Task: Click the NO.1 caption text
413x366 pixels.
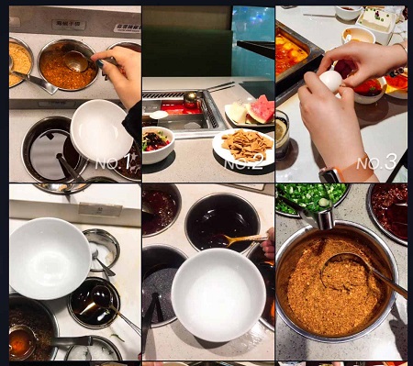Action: coord(113,162)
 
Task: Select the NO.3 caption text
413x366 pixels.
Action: coord(376,162)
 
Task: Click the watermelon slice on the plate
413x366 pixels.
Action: coord(261,108)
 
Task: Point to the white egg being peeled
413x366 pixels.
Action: coord(330,81)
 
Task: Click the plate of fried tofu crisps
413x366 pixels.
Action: coord(243,147)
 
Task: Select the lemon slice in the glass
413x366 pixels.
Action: coord(281,131)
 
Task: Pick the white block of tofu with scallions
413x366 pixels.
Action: coord(375,19)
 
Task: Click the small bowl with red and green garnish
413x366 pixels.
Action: coord(158,144)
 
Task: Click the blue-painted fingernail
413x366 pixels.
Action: coord(100,63)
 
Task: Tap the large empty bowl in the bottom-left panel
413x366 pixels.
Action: coord(49,259)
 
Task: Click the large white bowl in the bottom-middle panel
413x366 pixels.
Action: coord(218,294)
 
